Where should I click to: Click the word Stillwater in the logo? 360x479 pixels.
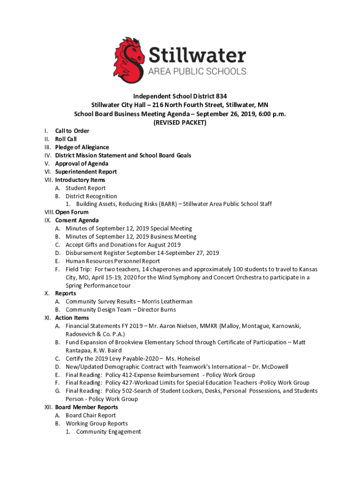pyautogui.click(x=197, y=56)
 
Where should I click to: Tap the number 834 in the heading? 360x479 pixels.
pyautogui.click(x=221, y=95)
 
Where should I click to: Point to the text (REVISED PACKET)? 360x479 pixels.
pyautogui.click(x=180, y=123)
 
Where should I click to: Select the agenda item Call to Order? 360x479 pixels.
pyautogui.click(x=72, y=131)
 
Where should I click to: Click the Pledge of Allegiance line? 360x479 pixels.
pyautogui.click(x=82, y=147)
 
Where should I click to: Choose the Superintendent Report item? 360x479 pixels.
pyautogui.click(x=86, y=172)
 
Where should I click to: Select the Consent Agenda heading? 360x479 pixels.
pyautogui.click(x=77, y=220)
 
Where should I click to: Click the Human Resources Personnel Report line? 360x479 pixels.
pyautogui.click(x=113, y=261)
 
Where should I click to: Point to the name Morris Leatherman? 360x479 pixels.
pyautogui.click(x=167, y=302)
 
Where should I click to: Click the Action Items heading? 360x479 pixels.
pyautogui.click(x=72, y=318)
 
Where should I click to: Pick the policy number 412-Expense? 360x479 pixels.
pyautogui.click(x=140, y=375)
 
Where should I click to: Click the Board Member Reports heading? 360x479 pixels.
pyautogui.click(x=86, y=407)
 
